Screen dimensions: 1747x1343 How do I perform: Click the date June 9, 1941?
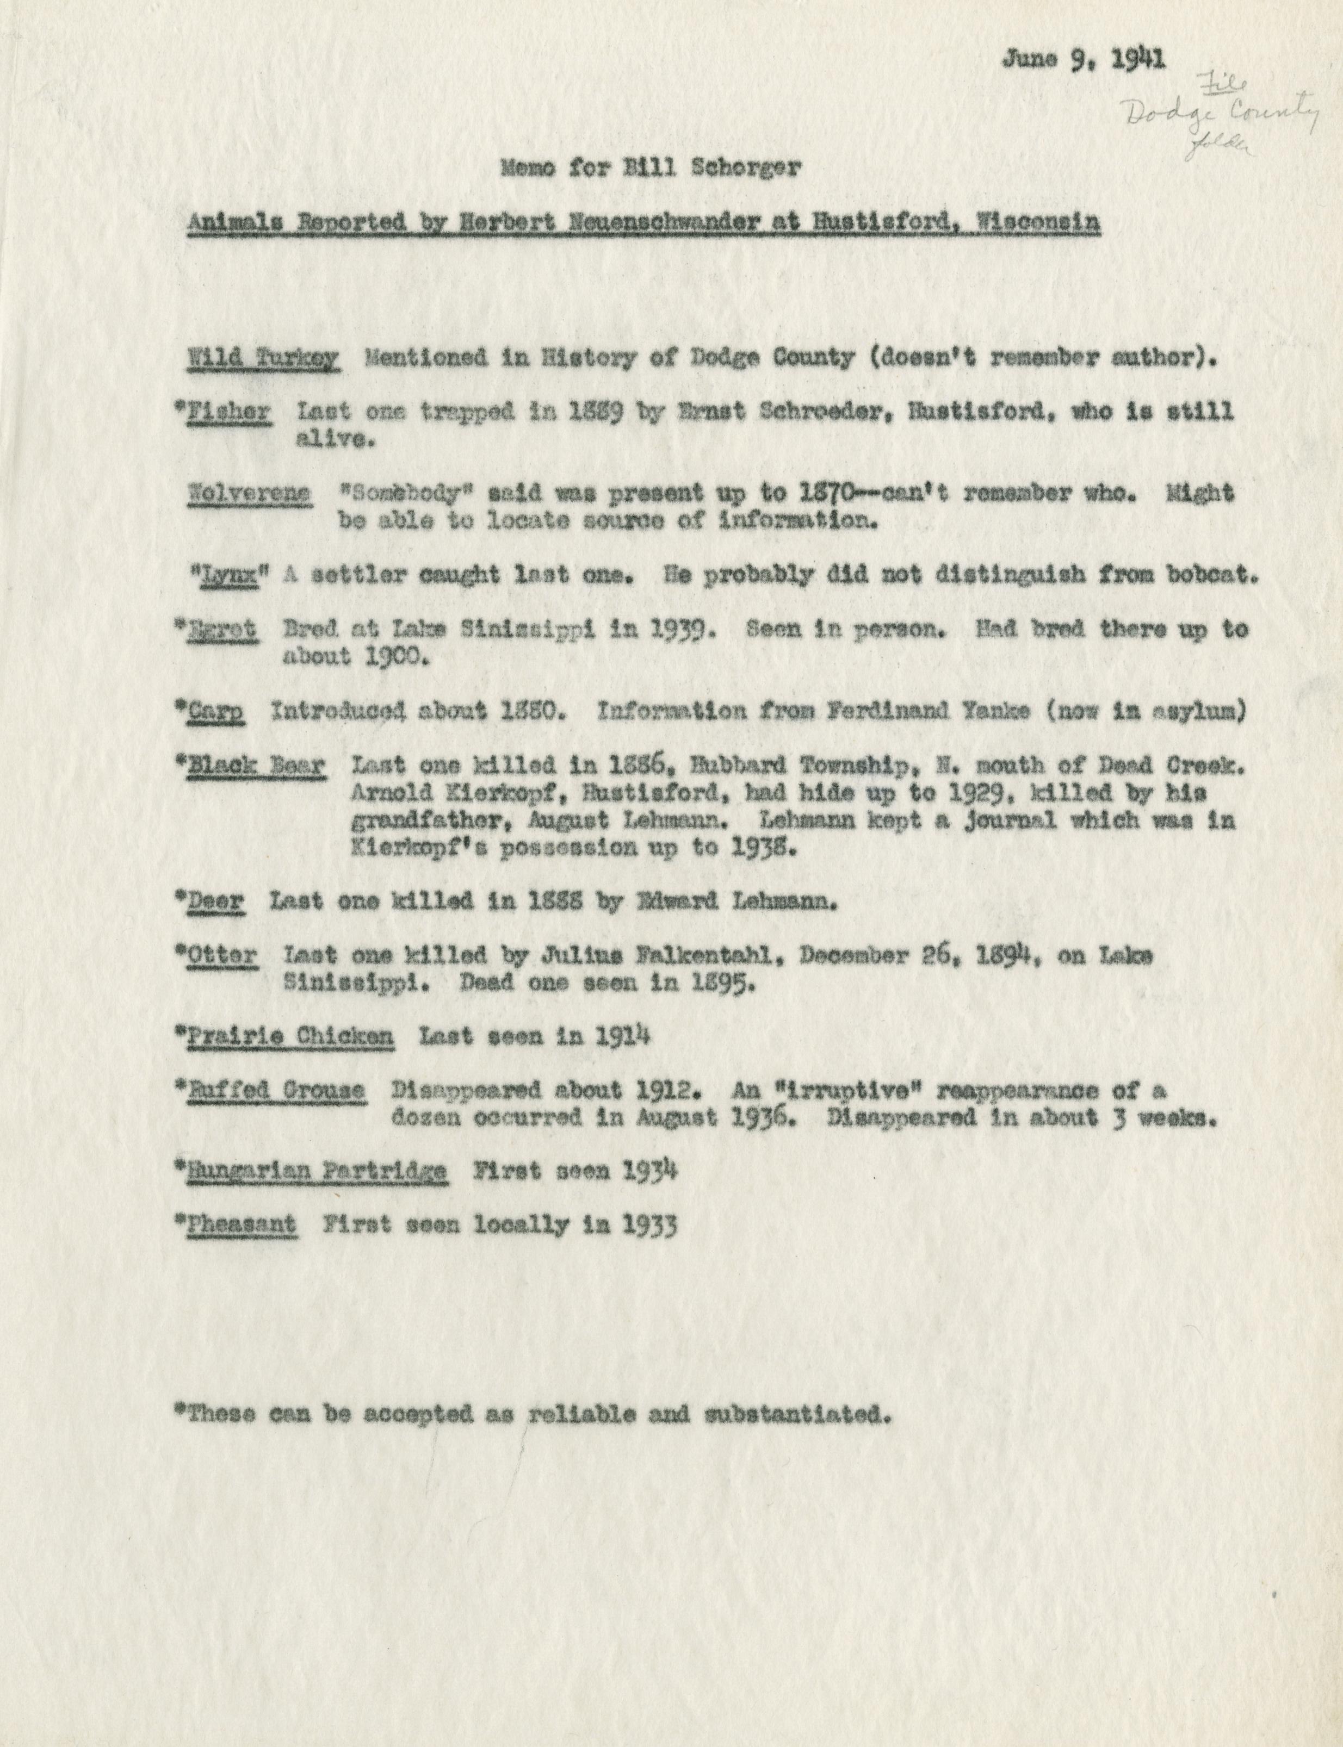tap(1083, 59)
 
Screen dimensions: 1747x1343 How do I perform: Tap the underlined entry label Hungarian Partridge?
tap(317, 1172)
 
